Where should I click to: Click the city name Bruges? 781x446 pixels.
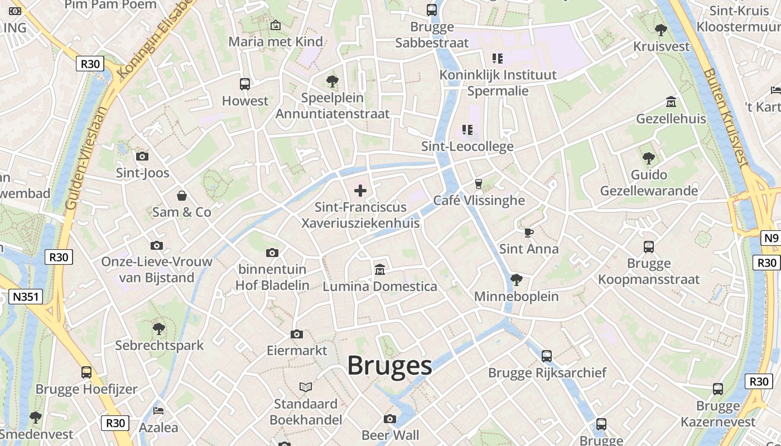pos(389,366)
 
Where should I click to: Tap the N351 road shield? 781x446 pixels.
pos(26,297)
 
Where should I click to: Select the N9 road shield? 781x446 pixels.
pos(770,239)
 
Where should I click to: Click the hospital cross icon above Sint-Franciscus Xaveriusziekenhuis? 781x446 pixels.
pos(360,191)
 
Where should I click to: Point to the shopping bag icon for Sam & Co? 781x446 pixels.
pos(182,196)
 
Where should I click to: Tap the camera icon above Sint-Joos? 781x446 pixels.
pos(142,157)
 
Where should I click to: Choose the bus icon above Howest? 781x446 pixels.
pos(245,84)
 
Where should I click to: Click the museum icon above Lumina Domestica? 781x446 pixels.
pos(380,270)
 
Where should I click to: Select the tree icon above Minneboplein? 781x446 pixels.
pos(517,279)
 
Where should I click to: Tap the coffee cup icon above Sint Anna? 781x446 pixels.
pos(529,232)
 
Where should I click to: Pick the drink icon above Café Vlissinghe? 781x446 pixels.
pos(478,183)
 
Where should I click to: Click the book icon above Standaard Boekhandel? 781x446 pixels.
pos(305,387)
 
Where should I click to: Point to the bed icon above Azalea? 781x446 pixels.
pos(158,411)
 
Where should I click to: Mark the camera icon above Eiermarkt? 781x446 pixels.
pos(297,334)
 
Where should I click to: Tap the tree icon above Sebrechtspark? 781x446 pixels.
pos(159,328)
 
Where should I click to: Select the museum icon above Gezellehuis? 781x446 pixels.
pos(671,102)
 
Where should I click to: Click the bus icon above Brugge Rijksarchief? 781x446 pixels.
pos(547,356)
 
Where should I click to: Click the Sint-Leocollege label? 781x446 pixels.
pos(467,147)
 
